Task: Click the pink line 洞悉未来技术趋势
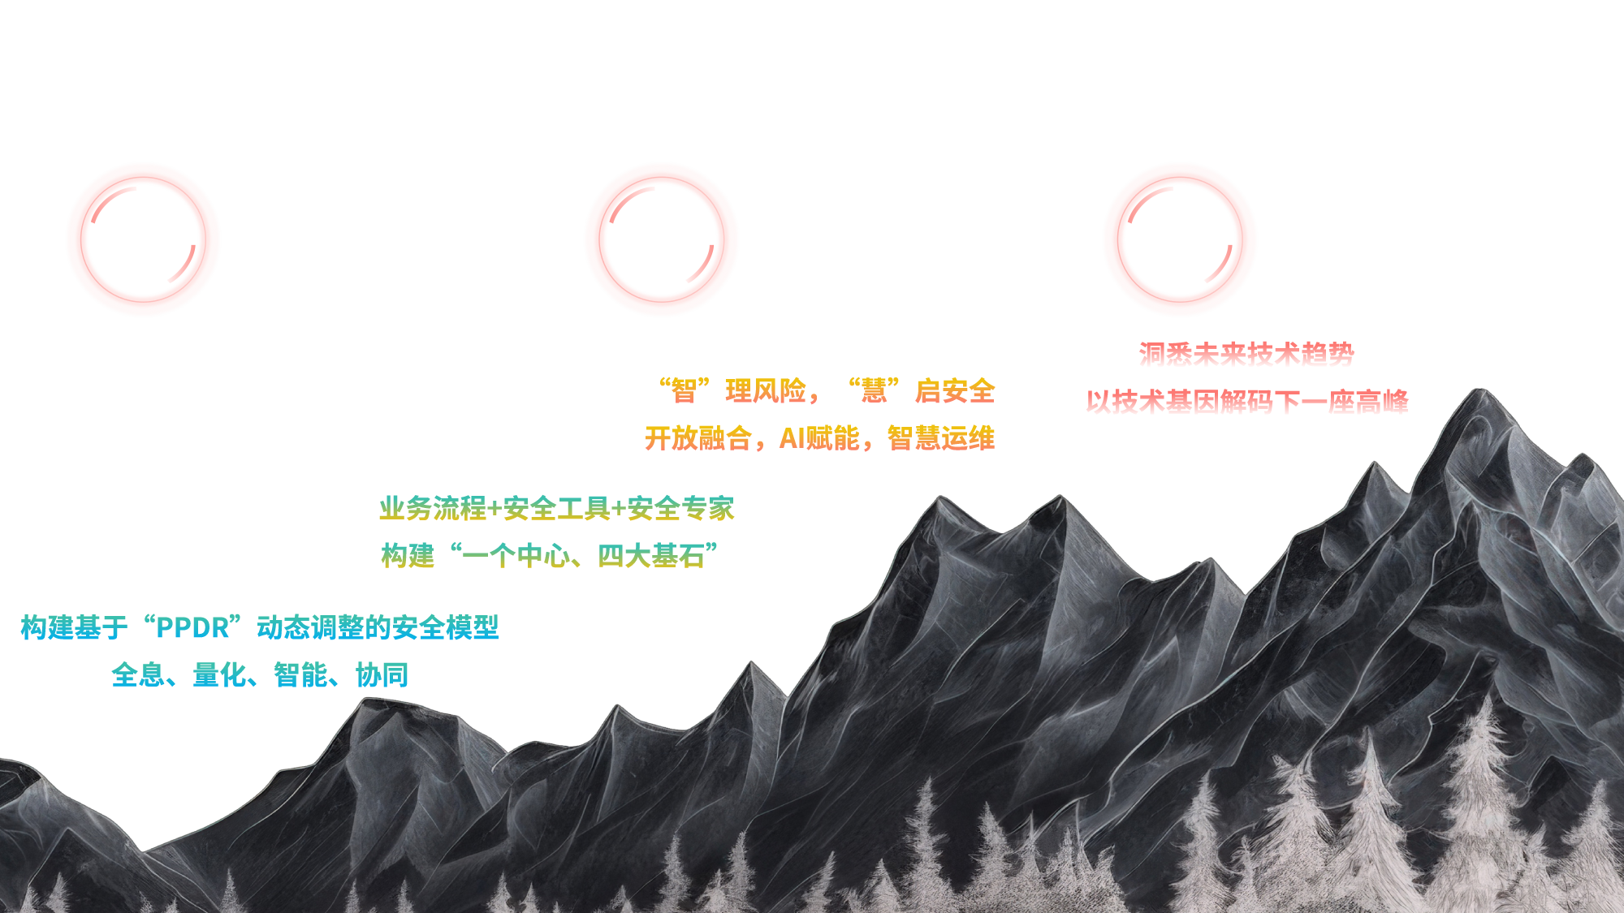[x=1246, y=355]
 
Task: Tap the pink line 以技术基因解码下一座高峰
[x=1246, y=402]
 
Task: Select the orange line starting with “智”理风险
[x=827, y=391]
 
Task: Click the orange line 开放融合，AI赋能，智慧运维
[x=819, y=438]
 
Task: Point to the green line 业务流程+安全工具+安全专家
[x=556, y=509]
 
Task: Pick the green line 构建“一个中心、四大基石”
[x=550, y=556]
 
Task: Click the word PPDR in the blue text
[x=192, y=628]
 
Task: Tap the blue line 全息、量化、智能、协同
[x=260, y=675]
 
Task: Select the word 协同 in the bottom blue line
[x=382, y=675]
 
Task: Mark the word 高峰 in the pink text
[x=1381, y=402]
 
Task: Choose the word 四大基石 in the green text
[x=651, y=556]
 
